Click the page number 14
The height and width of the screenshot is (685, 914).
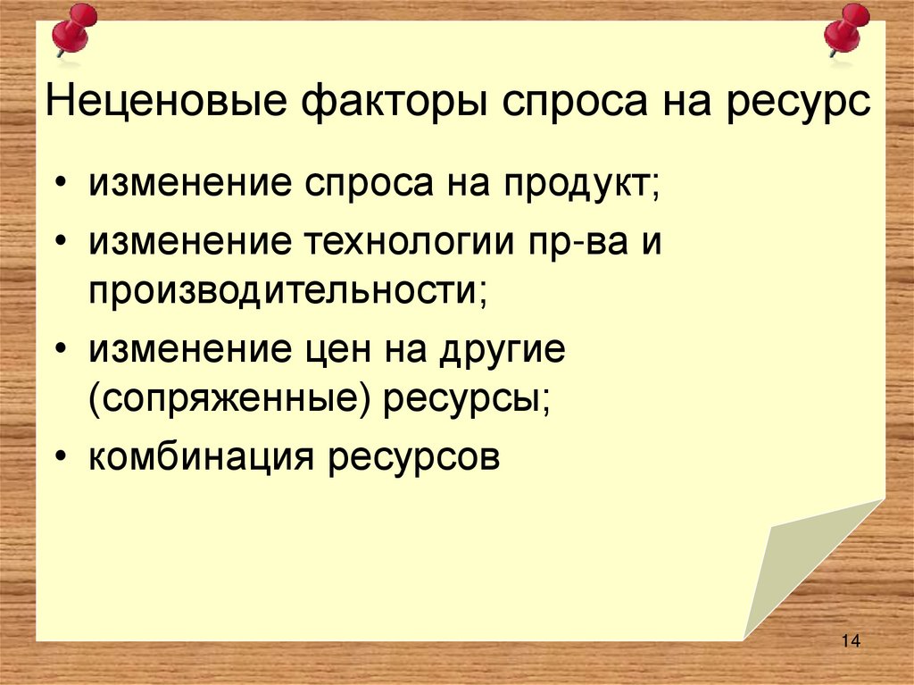tap(849, 641)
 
